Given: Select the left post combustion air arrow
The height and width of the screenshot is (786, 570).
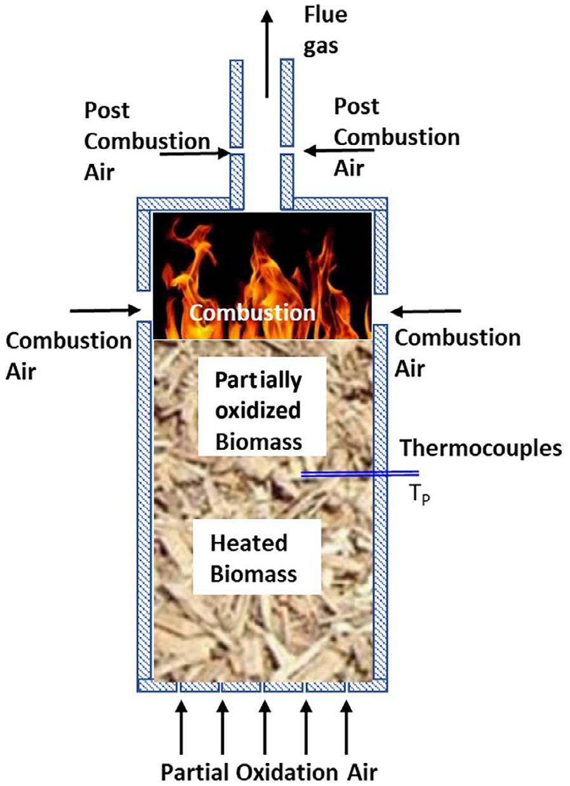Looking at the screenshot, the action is coord(194,153).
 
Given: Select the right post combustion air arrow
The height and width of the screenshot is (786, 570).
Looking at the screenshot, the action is coord(338,151).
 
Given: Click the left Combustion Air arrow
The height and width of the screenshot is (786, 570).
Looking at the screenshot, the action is coord(105,310).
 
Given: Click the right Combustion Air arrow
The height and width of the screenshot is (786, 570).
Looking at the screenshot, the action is coord(427,311).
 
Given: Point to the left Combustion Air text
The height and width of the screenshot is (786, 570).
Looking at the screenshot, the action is coord(67,355).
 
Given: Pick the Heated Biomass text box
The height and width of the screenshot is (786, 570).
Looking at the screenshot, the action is coord(254,559).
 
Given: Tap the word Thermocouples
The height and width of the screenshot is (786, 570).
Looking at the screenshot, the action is coord(481,449).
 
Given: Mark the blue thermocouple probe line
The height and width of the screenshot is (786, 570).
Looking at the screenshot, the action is coord(359,473).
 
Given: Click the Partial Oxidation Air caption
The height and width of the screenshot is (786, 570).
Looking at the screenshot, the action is coord(268,772).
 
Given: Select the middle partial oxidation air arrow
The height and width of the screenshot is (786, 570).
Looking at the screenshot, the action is coord(264,724).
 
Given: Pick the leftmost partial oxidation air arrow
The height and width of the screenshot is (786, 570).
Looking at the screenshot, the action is coord(182,724).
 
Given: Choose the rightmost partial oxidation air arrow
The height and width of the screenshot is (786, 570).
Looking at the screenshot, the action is coord(346,724).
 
